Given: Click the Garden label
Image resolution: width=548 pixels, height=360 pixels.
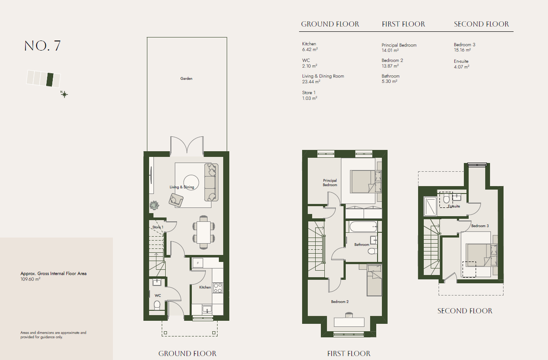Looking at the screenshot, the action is (186, 78).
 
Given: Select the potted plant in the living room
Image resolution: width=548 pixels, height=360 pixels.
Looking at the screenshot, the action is (154, 205).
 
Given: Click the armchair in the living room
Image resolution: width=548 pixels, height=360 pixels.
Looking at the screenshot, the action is (176, 200).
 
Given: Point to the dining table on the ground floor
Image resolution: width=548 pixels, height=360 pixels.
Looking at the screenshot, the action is (204, 232).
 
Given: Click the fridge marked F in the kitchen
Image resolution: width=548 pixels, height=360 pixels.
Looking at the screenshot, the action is (197, 263).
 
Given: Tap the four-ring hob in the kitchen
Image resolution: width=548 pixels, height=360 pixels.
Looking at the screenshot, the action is (218, 288).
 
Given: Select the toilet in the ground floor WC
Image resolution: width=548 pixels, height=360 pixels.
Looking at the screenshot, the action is (157, 305).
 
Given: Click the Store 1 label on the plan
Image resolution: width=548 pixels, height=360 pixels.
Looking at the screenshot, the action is (158, 227).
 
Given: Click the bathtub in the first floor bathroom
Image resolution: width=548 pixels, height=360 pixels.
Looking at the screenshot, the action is (364, 227).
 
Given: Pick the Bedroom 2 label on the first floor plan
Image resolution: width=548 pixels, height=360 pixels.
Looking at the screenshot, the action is (340, 302).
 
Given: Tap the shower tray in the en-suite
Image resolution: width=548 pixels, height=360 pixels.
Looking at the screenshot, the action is (430, 206).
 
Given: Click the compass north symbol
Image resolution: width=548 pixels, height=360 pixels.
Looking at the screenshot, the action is (64, 94).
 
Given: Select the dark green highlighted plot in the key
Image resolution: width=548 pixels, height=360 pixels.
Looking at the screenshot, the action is (50, 79).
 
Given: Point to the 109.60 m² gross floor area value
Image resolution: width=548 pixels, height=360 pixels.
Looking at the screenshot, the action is (31, 279).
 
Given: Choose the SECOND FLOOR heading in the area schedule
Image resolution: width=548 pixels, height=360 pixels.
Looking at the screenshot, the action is (481, 24).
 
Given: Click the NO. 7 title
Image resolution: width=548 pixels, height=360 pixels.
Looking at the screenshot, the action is (42, 46).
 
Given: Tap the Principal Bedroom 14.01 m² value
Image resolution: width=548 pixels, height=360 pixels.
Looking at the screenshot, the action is (390, 51).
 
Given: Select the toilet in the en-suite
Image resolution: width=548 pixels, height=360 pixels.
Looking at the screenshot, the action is (446, 199).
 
